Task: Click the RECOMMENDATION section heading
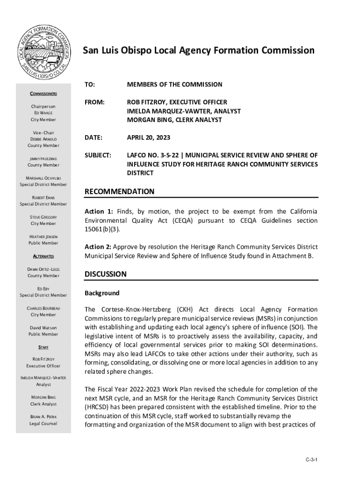click(x=119, y=192)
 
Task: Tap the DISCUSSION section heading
click(x=105, y=274)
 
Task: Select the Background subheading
click(x=102, y=293)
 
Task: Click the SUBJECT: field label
click(x=98, y=155)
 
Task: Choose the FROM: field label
click(x=94, y=102)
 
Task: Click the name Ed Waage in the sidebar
click(x=43, y=113)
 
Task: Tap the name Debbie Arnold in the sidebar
click(x=43, y=139)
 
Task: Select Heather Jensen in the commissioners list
click(x=43, y=237)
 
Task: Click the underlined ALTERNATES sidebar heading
click(x=43, y=256)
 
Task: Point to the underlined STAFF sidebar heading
click(x=43, y=348)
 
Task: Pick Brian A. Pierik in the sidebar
click(x=43, y=416)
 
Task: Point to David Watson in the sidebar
click(x=43, y=328)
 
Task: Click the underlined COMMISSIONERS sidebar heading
click(x=43, y=94)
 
